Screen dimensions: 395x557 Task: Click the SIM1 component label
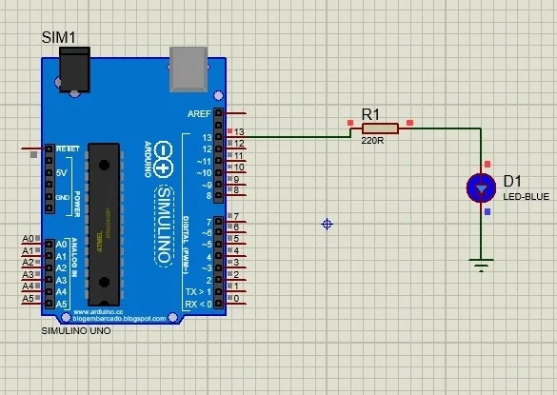(x=59, y=36)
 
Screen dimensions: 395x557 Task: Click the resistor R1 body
(x=380, y=128)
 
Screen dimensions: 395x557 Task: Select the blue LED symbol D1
(x=482, y=188)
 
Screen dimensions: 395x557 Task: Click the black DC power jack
(x=75, y=69)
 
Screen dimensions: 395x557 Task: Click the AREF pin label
(x=200, y=112)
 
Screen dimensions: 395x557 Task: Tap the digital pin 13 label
(x=206, y=136)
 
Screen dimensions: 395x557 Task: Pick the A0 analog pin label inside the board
(x=61, y=245)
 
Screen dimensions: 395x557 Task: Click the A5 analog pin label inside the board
(x=61, y=303)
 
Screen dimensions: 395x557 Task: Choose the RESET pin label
(x=68, y=149)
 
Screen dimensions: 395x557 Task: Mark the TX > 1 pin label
(x=200, y=290)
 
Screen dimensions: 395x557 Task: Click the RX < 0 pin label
(x=200, y=303)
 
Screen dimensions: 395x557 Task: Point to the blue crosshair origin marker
(x=328, y=224)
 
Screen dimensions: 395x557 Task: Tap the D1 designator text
(x=513, y=181)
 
